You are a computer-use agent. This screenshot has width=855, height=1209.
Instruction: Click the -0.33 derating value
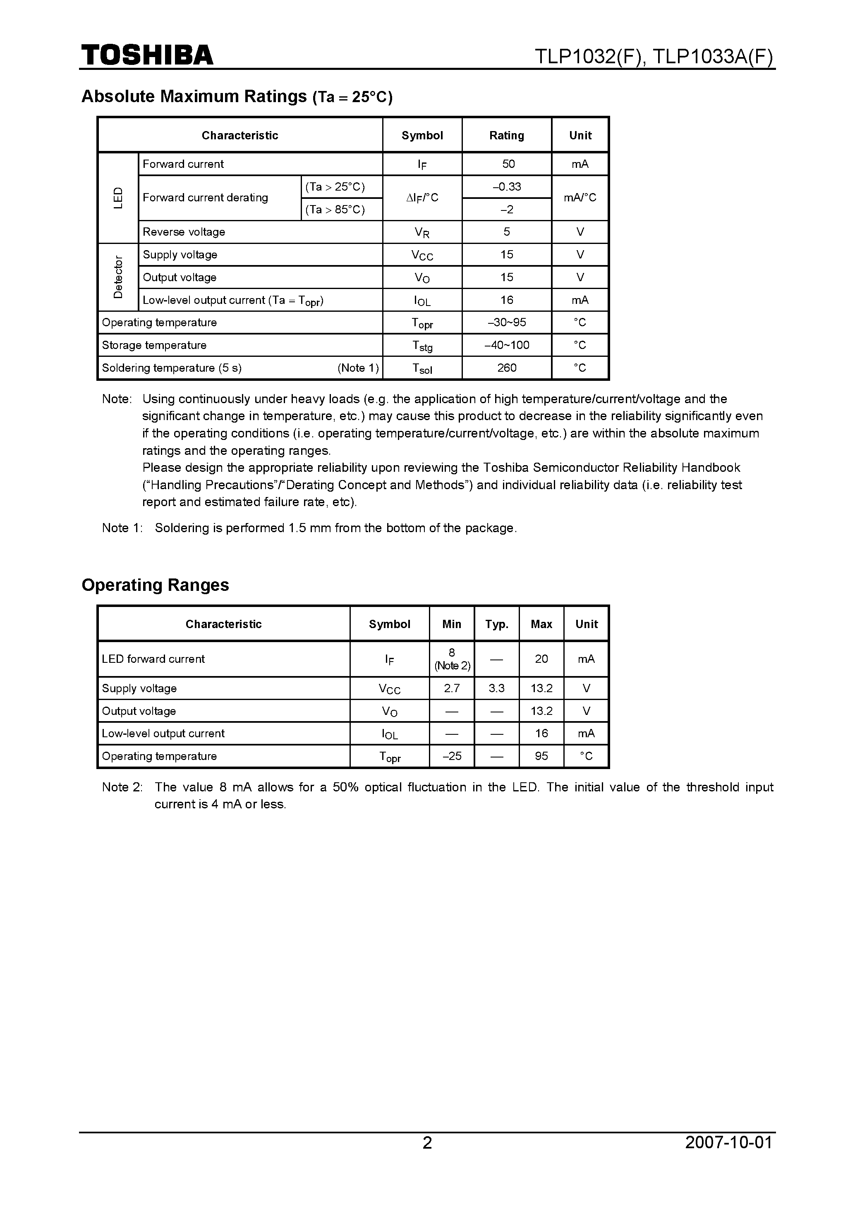click(x=507, y=187)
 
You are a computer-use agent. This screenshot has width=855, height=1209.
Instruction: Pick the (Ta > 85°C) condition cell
click(x=335, y=210)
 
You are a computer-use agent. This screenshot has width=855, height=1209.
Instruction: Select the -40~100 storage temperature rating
click(x=507, y=345)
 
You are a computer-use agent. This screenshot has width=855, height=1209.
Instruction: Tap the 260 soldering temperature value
click(x=507, y=368)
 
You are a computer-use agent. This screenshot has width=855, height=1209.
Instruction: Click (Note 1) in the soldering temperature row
click(x=358, y=368)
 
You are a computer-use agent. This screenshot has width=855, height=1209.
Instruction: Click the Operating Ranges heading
click(x=156, y=585)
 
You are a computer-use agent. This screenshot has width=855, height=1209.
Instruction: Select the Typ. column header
click(x=496, y=624)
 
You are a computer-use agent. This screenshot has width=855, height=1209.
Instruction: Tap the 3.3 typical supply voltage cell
click(x=496, y=688)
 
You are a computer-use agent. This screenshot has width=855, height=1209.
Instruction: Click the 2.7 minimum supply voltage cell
click(x=451, y=688)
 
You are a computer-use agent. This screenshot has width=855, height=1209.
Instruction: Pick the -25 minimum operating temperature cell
click(x=451, y=756)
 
